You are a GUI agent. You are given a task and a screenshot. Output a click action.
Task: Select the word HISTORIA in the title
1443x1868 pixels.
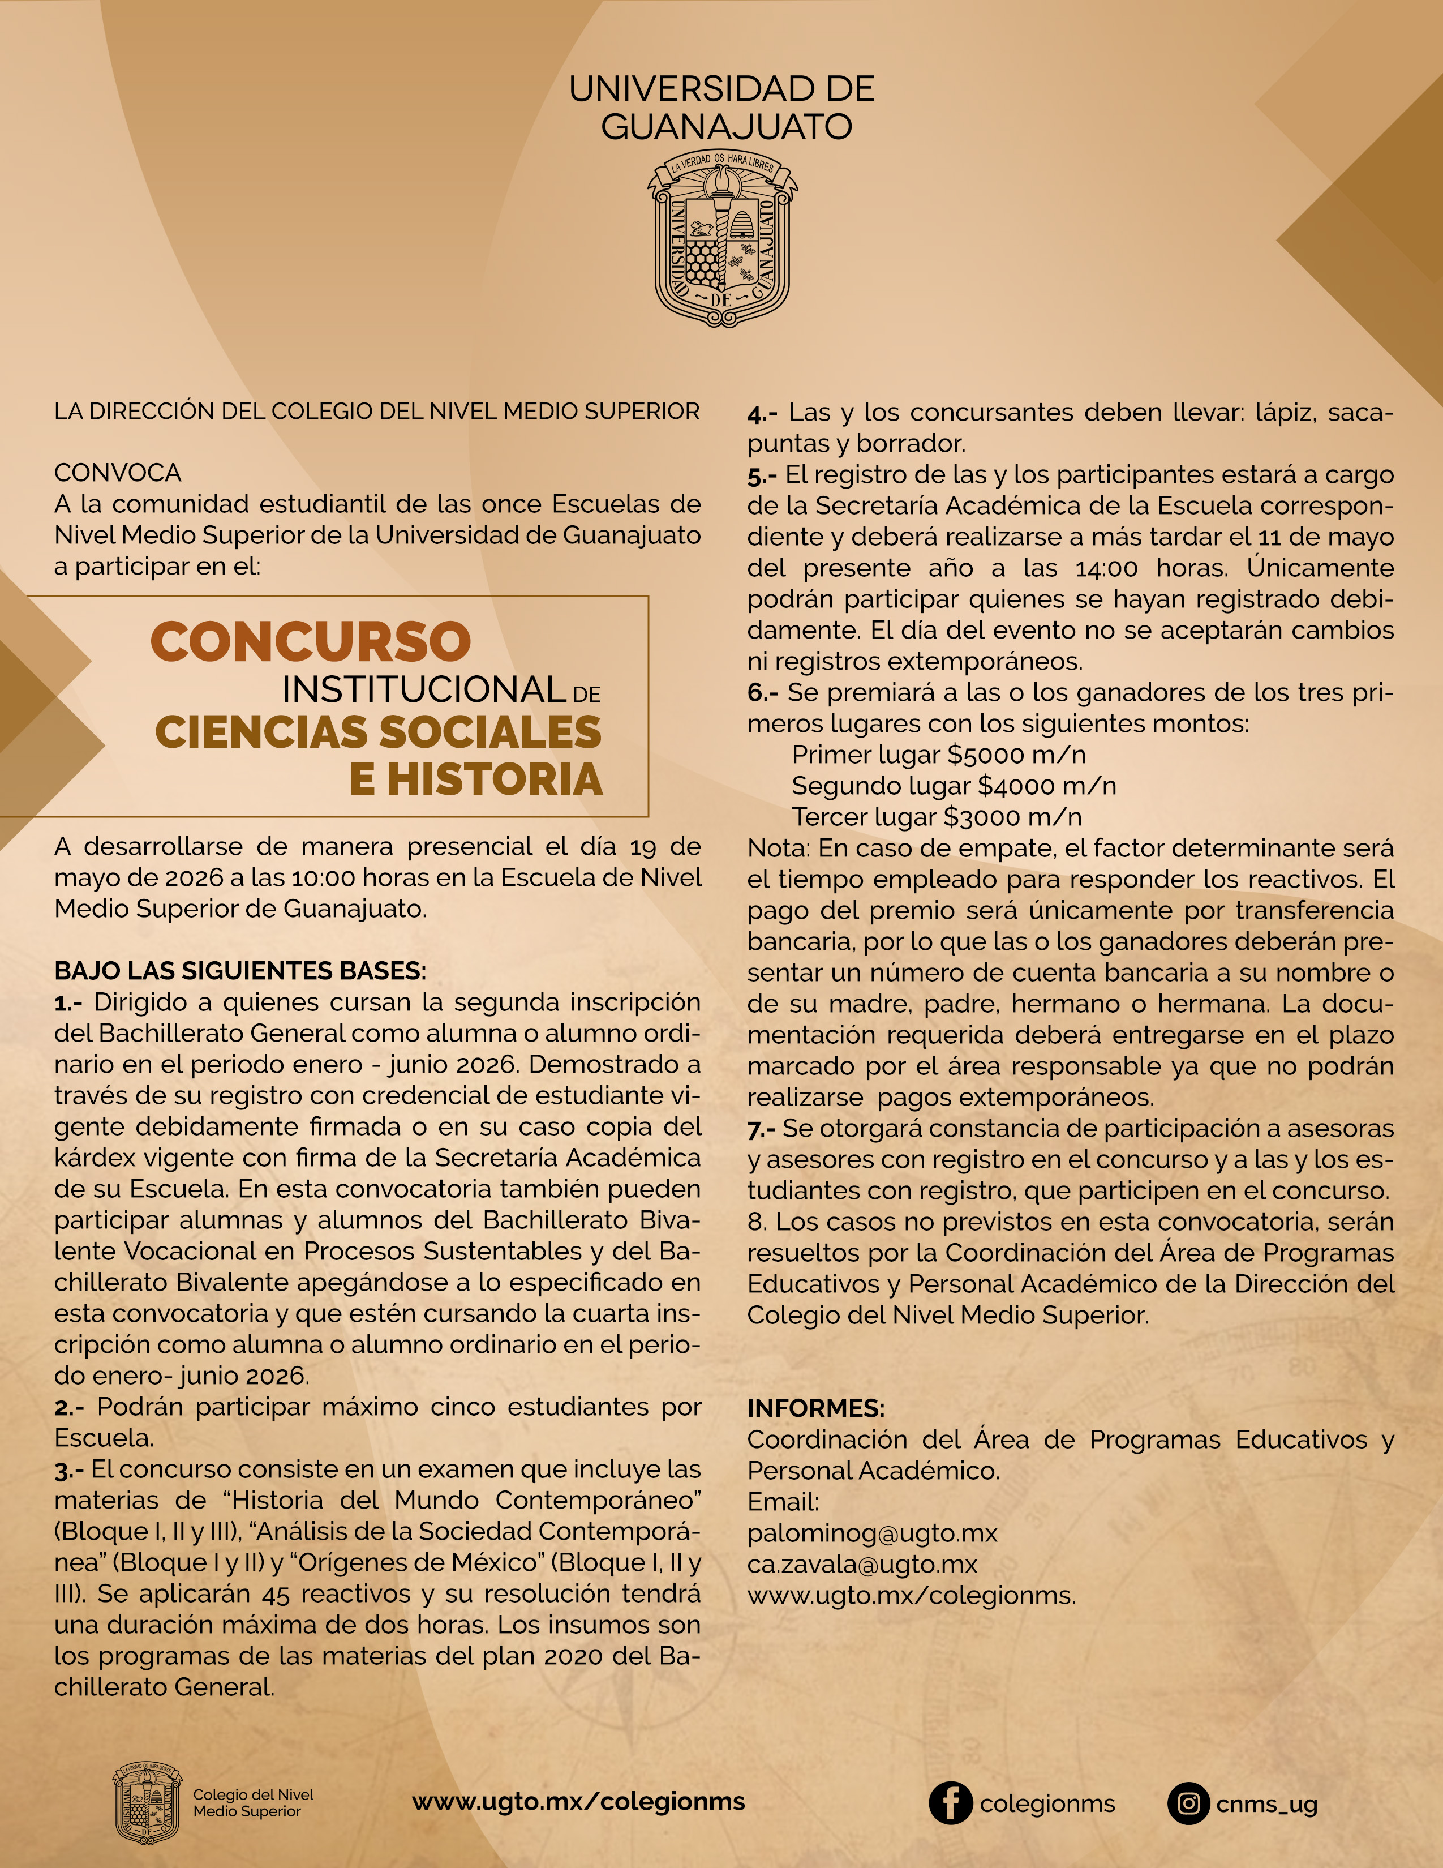tap(495, 779)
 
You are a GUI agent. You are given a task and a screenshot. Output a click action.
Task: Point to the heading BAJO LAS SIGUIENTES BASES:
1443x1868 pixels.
tap(240, 971)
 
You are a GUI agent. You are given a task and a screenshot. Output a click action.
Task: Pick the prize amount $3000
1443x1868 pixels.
tap(982, 817)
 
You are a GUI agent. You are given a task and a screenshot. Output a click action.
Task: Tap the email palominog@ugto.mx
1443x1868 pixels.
tap(872, 1533)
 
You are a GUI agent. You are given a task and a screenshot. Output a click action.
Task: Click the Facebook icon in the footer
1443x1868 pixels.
tap(951, 1804)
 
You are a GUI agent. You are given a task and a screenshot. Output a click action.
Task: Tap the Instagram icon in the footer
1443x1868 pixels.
tap(1188, 1804)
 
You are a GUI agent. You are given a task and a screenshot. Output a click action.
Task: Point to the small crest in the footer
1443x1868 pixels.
tap(148, 1802)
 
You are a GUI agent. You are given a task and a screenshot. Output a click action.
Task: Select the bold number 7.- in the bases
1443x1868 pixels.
tap(761, 1129)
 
